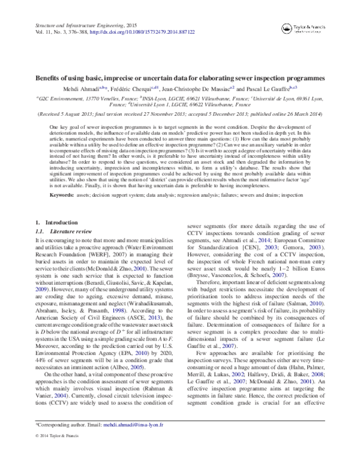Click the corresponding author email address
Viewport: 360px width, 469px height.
point(133,440)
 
